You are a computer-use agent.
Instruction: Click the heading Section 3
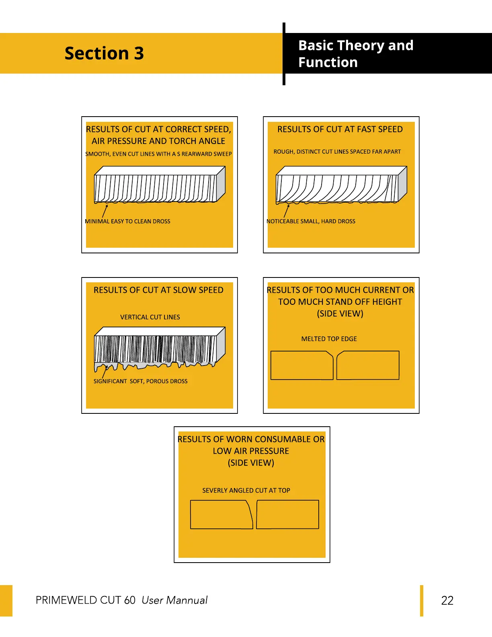[104, 53]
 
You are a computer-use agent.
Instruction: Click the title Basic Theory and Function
[355, 54]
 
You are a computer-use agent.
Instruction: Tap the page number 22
[447, 600]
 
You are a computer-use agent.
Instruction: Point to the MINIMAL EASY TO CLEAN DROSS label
[127, 222]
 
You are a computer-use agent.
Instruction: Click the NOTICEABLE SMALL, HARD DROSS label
[311, 222]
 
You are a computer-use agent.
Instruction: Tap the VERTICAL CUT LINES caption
[150, 317]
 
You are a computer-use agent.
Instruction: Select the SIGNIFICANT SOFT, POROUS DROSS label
[140, 381]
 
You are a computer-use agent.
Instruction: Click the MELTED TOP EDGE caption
[329, 339]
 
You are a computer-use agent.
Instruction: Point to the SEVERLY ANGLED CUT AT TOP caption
[246, 491]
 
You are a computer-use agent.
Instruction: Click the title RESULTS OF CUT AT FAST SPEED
[340, 129]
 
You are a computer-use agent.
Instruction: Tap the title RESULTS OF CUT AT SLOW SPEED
[158, 290]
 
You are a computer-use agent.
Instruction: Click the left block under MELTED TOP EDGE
[301, 366]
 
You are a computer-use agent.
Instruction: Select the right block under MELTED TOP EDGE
[368, 366]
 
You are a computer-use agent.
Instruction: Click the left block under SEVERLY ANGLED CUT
[221, 515]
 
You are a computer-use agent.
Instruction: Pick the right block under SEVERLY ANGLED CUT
[288, 515]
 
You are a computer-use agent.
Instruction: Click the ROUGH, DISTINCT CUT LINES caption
[337, 152]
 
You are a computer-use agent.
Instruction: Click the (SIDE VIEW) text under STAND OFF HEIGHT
[340, 314]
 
